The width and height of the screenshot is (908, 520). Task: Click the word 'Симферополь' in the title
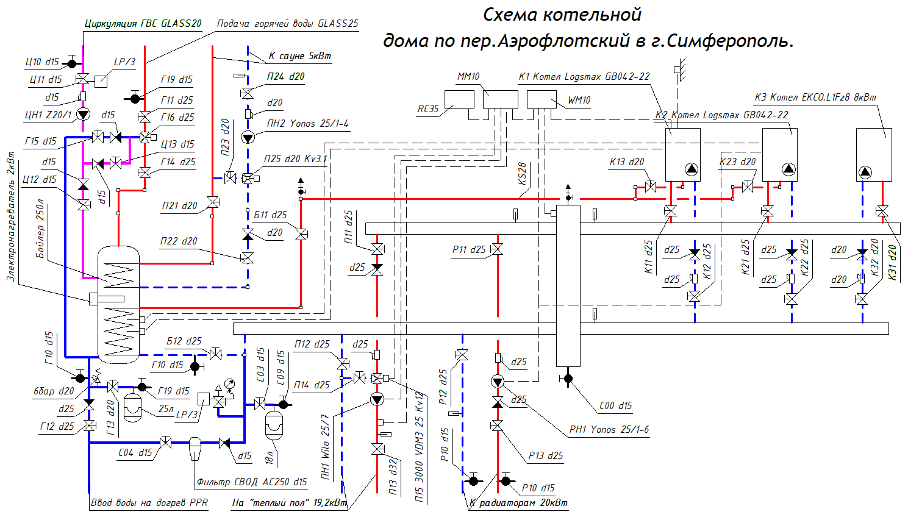pos(731,41)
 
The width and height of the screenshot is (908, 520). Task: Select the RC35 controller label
pos(428,109)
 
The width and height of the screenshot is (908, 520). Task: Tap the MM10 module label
pos(468,77)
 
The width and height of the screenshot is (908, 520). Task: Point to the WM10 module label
pos(579,101)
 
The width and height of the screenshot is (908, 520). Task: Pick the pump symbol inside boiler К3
pos(865,172)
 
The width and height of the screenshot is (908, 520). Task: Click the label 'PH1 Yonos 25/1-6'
pos(609,430)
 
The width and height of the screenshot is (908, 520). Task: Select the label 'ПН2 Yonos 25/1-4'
pos(307,124)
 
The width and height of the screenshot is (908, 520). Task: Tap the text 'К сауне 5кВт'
pos(299,56)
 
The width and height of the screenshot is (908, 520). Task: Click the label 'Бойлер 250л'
pos(40,229)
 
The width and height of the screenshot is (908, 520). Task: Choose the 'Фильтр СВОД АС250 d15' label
pos(251,482)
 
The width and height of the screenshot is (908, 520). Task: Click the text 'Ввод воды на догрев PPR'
pos(149,503)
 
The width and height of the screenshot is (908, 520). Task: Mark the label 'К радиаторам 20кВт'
pos(518,503)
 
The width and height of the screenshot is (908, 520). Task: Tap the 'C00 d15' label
pos(615,406)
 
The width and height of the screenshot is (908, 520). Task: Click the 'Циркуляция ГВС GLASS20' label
pos(143,24)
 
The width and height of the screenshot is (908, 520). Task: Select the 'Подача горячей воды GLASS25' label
pos(287,24)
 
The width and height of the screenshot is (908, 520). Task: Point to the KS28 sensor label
pos(522,174)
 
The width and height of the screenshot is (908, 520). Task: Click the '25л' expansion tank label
pos(166,409)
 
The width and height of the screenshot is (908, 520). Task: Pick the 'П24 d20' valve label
pos(285,77)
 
